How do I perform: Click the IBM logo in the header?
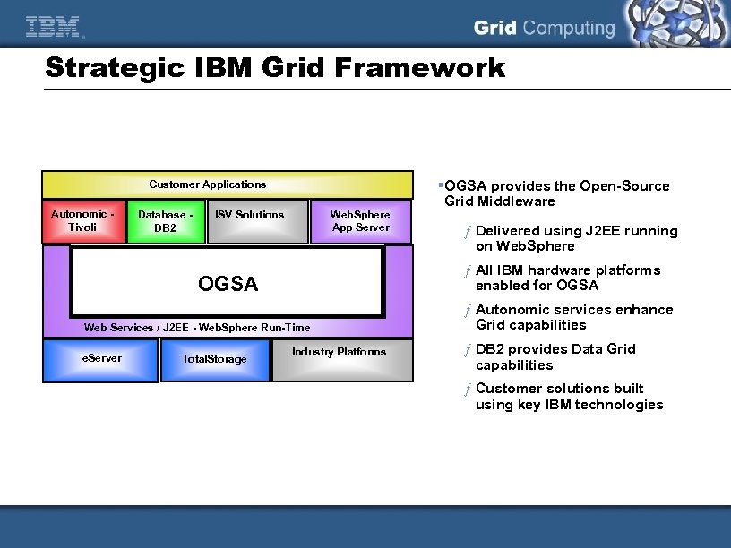pyautogui.click(x=53, y=28)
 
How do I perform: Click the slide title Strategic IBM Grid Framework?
pyautogui.click(x=274, y=68)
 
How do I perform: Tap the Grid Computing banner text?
pyautogui.click(x=544, y=28)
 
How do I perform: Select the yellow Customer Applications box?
pyautogui.click(x=208, y=185)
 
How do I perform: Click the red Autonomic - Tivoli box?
pyautogui.click(x=82, y=221)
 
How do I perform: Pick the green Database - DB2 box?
pyautogui.click(x=165, y=221)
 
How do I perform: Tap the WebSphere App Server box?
pyautogui.click(x=360, y=221)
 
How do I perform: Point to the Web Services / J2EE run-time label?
pyautogui.click(x=197, y=328)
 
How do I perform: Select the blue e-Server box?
pyautogui.click(x=101, y=359)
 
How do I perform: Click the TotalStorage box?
pyautogui.click(x=214, y=359)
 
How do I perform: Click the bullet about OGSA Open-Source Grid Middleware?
pyautogui.click(x=556, y=193)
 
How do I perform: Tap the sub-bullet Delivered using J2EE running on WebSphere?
pyautogui.click(x=576, y=238)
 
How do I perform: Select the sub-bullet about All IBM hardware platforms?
pyautogui.click(x=567, y=278)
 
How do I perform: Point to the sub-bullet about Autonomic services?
pyautogui.click(x=573, y=317)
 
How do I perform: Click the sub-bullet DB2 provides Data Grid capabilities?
pyautogui.click(x=555, y=356)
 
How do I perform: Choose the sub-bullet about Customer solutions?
pyautogui.click(x=569, y=396)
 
